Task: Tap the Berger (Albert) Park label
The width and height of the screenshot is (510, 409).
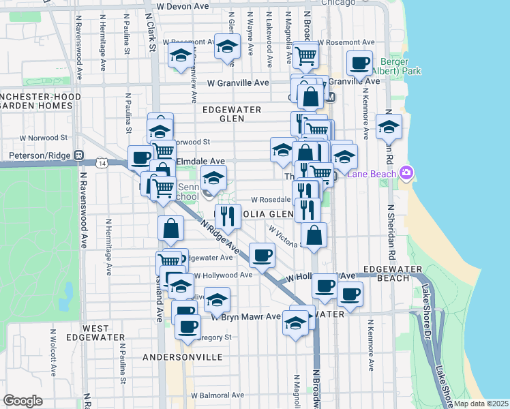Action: coord(397,65)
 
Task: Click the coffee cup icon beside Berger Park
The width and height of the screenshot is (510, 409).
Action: coord(359,63)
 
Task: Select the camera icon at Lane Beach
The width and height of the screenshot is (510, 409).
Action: coord(407,173)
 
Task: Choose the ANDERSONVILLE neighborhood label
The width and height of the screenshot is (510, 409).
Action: coord(183,357)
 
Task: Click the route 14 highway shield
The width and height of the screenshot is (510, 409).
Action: coord(102,164)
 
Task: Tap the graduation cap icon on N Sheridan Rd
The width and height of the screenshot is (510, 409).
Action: coord(389,127)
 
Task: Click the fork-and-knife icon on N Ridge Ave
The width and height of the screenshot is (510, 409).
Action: coord(228,216)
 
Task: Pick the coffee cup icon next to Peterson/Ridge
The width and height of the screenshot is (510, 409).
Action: coord(141,157)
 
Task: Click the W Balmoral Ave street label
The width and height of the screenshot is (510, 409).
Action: coord(217,395)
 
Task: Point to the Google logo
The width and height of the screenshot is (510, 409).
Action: coord(22,401)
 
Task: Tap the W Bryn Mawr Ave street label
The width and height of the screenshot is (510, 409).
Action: coord(245,316)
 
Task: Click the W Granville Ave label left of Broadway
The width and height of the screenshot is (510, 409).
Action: coord(239,83)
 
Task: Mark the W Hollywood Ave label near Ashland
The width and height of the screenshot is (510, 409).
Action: coord(223,275)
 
